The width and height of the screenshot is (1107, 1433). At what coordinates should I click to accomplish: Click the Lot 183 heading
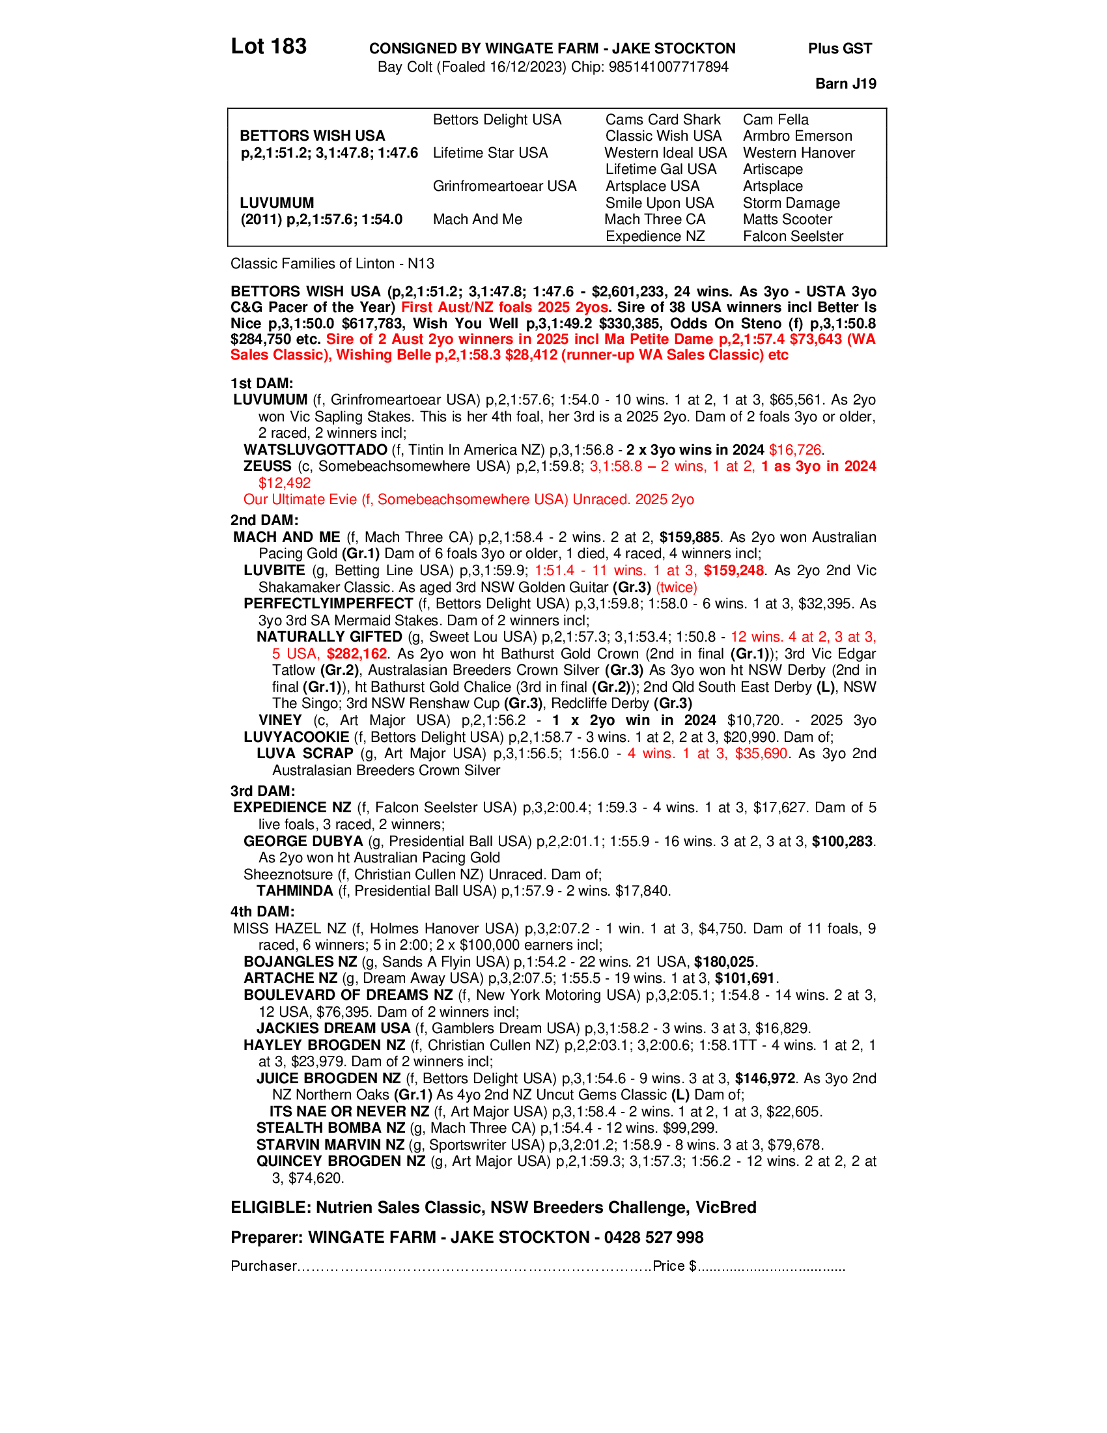pos(268,47)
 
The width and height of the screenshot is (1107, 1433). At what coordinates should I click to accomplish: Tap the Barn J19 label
pos(845,83)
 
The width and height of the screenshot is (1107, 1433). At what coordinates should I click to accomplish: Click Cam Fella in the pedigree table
pos(775,119)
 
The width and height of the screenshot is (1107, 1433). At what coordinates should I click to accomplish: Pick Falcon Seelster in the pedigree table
pos(793,236)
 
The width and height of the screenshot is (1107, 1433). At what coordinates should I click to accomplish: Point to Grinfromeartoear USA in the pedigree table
pos(504,186)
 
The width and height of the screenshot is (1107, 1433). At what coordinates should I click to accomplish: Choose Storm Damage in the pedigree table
pos(791,203)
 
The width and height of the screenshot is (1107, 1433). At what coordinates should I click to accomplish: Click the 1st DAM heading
pos(262,383)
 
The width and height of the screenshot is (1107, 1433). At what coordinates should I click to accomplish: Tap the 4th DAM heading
pos(262,911)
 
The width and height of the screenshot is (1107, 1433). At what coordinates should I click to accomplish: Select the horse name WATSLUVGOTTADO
pos(315,449)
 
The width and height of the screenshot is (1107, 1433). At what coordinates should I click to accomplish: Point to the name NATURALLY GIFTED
pos(329,636)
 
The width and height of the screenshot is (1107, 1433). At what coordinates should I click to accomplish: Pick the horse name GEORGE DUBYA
pos(303,841)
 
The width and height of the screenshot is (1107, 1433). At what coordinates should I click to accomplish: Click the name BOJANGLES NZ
pos(300,962)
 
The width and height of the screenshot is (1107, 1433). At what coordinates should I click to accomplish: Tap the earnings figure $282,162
pos(357,653)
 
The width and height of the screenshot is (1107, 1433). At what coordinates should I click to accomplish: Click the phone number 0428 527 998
pos(653,1238)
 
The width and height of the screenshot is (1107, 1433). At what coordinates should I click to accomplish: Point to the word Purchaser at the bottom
pos(264,1266)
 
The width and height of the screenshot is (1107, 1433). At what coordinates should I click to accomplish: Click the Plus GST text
pos(839,49)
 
